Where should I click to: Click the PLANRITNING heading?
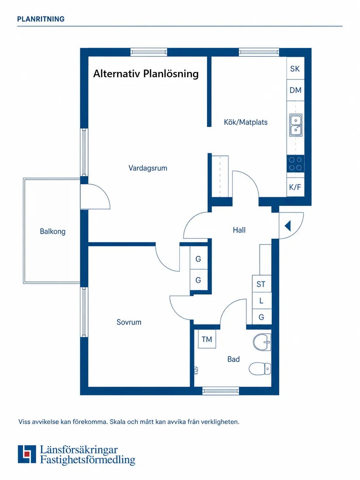[x=41, y=19]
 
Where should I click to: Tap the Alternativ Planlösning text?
[x=146, y=74]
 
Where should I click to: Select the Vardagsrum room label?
[x=148, y=168]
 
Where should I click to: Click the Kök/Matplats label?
[x=246, y=122]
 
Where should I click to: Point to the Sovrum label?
[x=129, y=322]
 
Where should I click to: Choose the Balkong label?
[x=53, y=231]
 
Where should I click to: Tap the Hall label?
[x=239, y=230]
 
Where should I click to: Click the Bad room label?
[x=233, y=359]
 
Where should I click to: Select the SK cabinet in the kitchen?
[x=295, y=69]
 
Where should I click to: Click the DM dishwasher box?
[x=295, y=90]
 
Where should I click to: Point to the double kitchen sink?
[x=296, y=125]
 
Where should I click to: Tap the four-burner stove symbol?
[x=295, y=164]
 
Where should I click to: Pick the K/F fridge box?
[x=295, y=187]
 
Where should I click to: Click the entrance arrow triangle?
[x=288, y=226]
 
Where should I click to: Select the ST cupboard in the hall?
[x=261, y=284]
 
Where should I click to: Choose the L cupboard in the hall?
[x=261, y=301]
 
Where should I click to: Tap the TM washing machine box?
[x=207, y=339]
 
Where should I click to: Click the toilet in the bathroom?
[x=260, y=369]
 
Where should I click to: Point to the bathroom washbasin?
[x=262, y=342]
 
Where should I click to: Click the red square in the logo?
[x=27, y=454]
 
